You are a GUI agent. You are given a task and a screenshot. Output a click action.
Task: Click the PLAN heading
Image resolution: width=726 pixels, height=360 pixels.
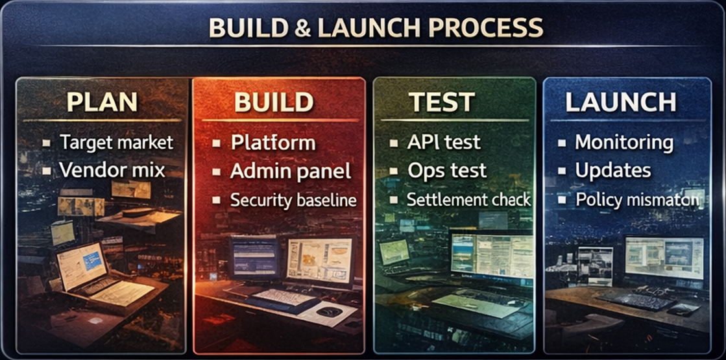103,102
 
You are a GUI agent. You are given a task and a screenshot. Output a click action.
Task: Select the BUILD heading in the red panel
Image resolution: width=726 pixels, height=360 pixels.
273,102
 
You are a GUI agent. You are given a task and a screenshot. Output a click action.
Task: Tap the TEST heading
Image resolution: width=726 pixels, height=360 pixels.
441,102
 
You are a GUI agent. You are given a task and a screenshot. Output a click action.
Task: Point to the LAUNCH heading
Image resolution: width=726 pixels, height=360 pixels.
620,102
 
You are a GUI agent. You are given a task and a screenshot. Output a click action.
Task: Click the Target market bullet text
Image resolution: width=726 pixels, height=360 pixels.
116,142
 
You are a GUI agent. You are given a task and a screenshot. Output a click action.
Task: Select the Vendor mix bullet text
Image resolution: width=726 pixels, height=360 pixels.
112,170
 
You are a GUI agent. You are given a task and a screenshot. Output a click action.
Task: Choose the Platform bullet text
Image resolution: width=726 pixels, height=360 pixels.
272,143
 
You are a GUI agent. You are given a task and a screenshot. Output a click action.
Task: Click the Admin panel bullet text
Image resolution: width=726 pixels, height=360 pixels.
290,171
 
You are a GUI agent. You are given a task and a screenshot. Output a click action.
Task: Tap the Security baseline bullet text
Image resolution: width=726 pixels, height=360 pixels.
293,200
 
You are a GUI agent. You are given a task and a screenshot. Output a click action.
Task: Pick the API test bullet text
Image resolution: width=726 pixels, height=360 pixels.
444,142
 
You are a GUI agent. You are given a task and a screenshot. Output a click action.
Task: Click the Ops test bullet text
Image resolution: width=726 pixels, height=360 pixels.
447,171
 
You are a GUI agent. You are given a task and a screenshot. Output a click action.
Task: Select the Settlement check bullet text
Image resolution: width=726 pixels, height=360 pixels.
468,199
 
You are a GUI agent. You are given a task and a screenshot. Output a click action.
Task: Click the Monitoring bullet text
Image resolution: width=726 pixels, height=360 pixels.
623,142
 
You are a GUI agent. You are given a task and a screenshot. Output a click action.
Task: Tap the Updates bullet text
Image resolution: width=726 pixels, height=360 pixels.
612,171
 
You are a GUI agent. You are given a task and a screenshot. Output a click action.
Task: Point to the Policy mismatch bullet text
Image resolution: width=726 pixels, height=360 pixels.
636,199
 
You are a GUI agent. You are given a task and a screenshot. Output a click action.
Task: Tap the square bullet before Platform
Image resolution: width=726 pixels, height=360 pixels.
217,143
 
